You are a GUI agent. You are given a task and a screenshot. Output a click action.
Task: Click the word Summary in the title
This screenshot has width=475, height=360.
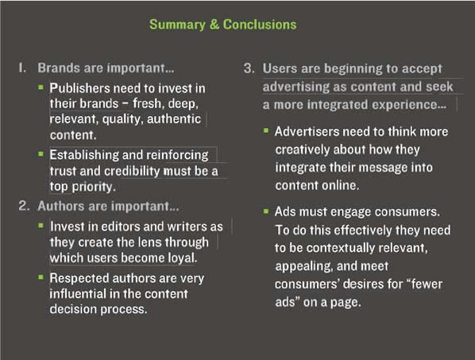(x=177, y=25)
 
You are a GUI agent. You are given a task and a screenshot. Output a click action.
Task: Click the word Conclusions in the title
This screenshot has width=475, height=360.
(x=260, y=25)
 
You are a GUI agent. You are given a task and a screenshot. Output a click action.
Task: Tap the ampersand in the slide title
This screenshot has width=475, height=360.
(x=214, y=25)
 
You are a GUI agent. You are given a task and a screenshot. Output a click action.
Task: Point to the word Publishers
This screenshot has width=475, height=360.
(x=79, y=88)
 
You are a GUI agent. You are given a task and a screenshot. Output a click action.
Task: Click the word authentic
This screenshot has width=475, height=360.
(x=174, y=118)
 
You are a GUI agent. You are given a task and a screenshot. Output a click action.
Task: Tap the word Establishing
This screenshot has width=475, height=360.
(x=84, y=156)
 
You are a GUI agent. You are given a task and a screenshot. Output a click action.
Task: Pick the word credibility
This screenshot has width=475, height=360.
(x=132, y=171)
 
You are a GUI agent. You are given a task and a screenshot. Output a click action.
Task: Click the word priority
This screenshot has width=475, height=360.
(x=94, y=187)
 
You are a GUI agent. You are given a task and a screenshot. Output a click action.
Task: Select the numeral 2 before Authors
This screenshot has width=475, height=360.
(x=24, y=206)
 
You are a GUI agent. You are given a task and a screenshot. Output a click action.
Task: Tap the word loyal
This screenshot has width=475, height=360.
(x=183, y=258)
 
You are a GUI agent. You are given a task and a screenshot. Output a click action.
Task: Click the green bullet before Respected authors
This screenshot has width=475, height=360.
(x=41, y=277)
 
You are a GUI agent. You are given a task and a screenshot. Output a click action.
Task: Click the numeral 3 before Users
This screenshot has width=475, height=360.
(x=249, y=68)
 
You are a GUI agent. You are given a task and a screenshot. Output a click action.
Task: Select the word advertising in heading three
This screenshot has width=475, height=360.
(x=296, y=87)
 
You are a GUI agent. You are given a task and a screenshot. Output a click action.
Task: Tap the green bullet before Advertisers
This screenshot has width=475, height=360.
(x=266, y=130)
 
